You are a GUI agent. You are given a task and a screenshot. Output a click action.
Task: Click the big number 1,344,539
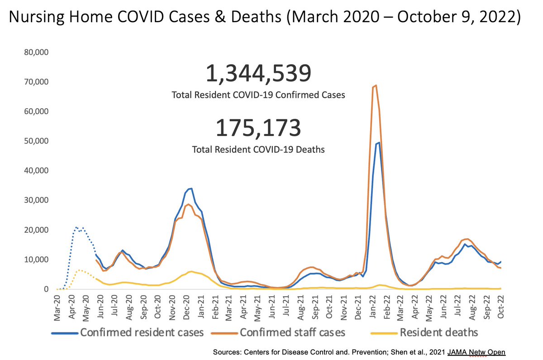(258, 74)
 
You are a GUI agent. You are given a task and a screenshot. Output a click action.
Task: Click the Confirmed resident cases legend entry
(142, 332)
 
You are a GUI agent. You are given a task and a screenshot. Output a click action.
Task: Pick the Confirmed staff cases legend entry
(292, 332)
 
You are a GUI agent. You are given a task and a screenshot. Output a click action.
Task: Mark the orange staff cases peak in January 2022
(376, 85)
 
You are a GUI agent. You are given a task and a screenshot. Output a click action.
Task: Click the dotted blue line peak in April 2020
(77, 227)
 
